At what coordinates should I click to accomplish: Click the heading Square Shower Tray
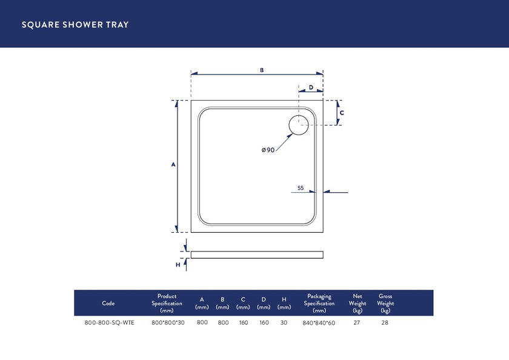tap(75, 25)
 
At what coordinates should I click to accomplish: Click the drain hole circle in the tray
tap(299, 125)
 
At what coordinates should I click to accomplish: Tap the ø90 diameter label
tap(268, 150)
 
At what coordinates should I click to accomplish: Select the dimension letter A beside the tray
tap(173, 165)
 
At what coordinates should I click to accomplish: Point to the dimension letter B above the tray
tap(262, 70)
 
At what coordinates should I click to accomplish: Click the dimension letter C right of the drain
tap(342, 113)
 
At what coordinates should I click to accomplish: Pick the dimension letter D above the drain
tap(311, 87)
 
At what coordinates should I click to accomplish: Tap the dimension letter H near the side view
tap(178, 265)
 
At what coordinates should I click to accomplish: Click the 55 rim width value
tap(301, 188)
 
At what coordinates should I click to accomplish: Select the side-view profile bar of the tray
tap(257, 255)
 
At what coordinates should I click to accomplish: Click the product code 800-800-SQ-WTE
tap(109, 323)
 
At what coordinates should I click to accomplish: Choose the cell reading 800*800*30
tap(167, 323)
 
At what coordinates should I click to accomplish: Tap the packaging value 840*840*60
tap(319, 323)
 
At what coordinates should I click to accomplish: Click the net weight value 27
tap(356, 323)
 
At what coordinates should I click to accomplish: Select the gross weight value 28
tap(385, 323)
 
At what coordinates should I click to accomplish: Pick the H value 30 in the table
tap(284, 322)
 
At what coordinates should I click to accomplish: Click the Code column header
tap(108, 303)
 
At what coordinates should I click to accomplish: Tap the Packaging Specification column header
tap(319, 303)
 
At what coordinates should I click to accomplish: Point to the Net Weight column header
tap(358, 303)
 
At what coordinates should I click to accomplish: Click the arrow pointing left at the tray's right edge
tap(327, 192)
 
